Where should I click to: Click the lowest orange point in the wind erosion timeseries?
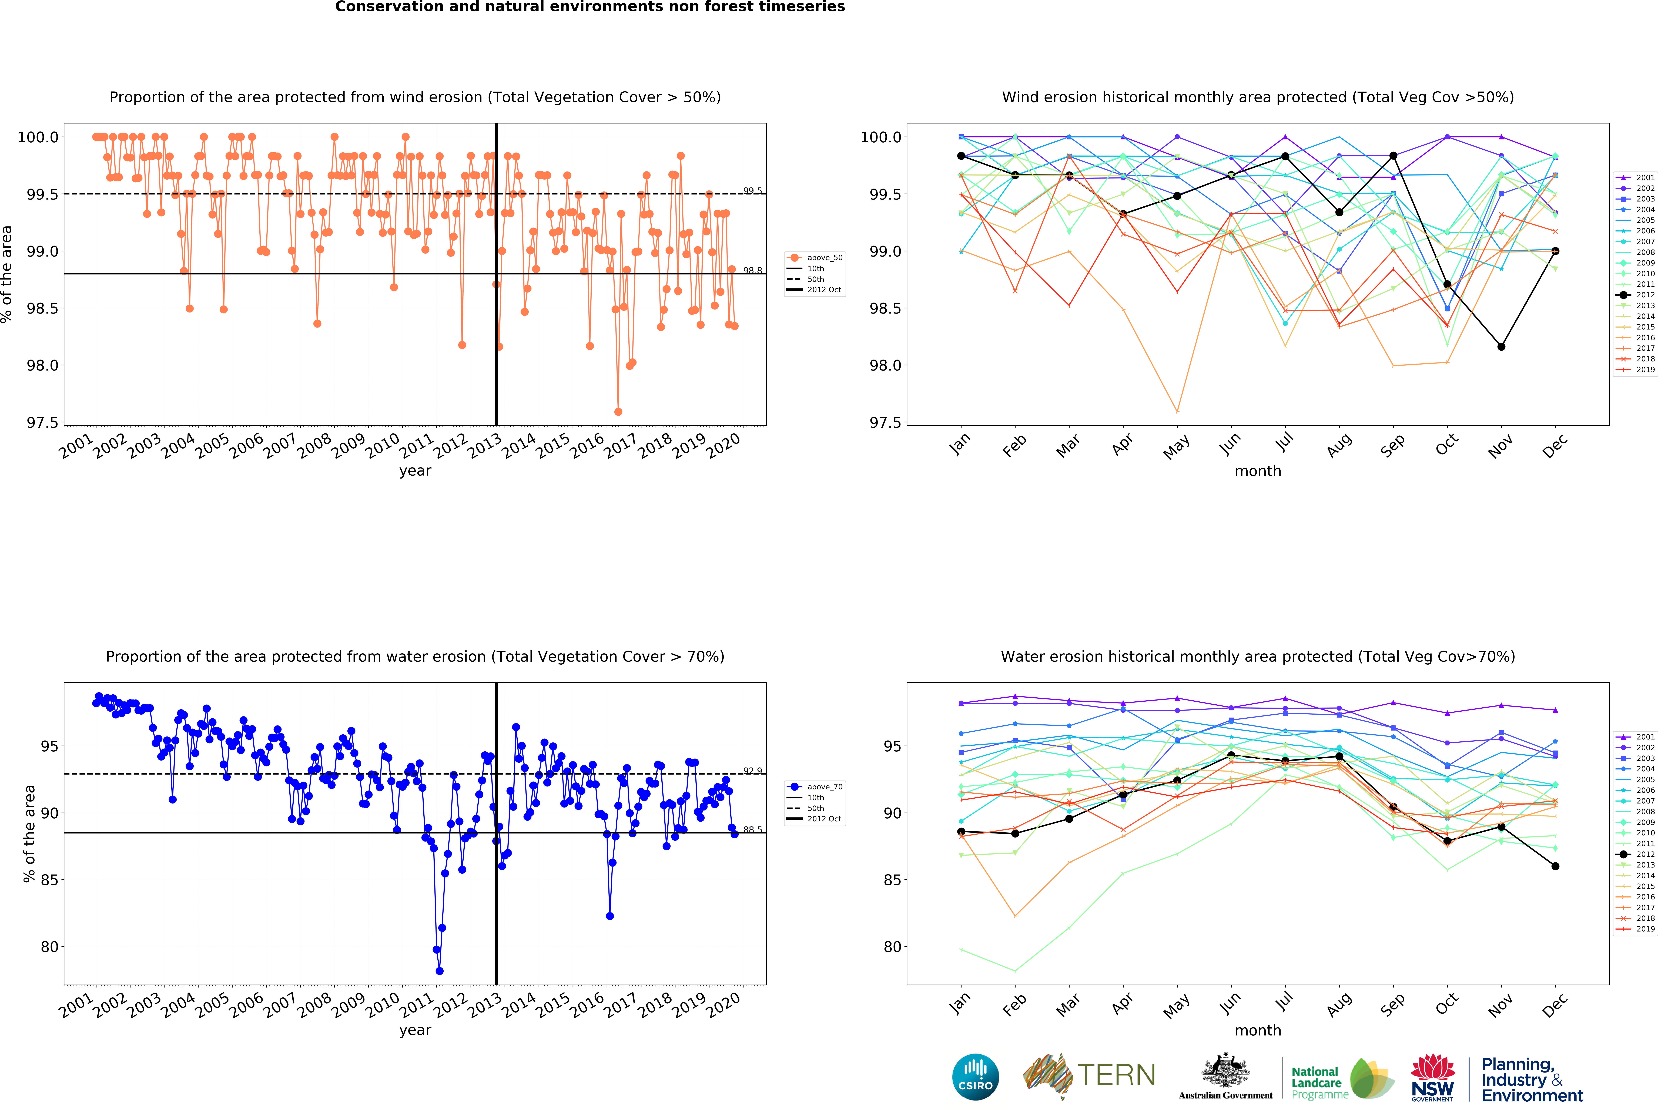pyautogui.click(x=618, y=412)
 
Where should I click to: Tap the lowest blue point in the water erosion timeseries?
pyautogui.click(x=440, y=971)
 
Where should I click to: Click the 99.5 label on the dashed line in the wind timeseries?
pyautogui.click(x=752, y=190)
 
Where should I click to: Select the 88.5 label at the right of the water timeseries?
pyautogui.click(x=752, y=830)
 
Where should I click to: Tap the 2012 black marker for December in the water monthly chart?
pyautogui.click(x=1555, y=866)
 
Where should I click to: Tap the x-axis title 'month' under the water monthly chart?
pyautogui.click(x=1258, y=1030)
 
